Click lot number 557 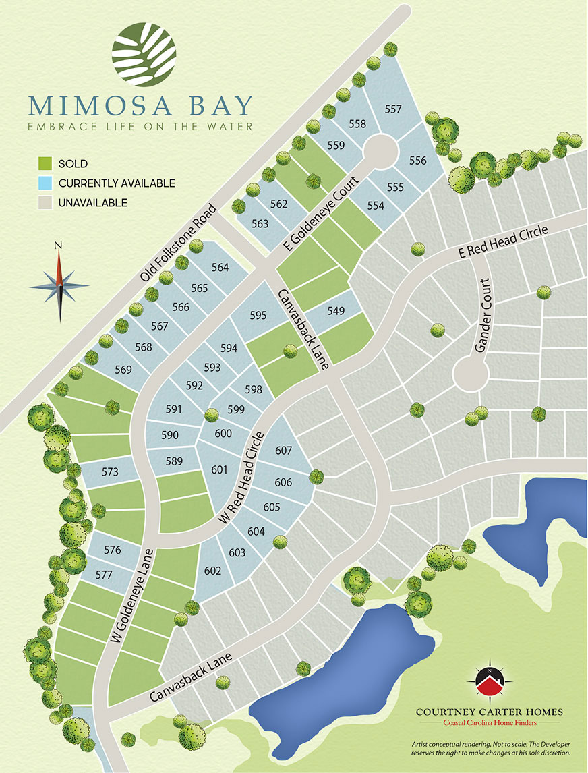(x=393, y=109)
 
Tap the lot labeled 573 (x=109, y=471)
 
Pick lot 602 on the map (x=212, y=571)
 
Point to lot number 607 (x=283, y=450)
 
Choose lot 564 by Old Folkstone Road (x=220, y=268)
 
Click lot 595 (x=258, y=315)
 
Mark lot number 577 (x=103, y=575)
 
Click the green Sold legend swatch (x=45, y=163)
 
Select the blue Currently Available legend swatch (x=45, y=183)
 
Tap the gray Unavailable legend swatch (x=45, y=202)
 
